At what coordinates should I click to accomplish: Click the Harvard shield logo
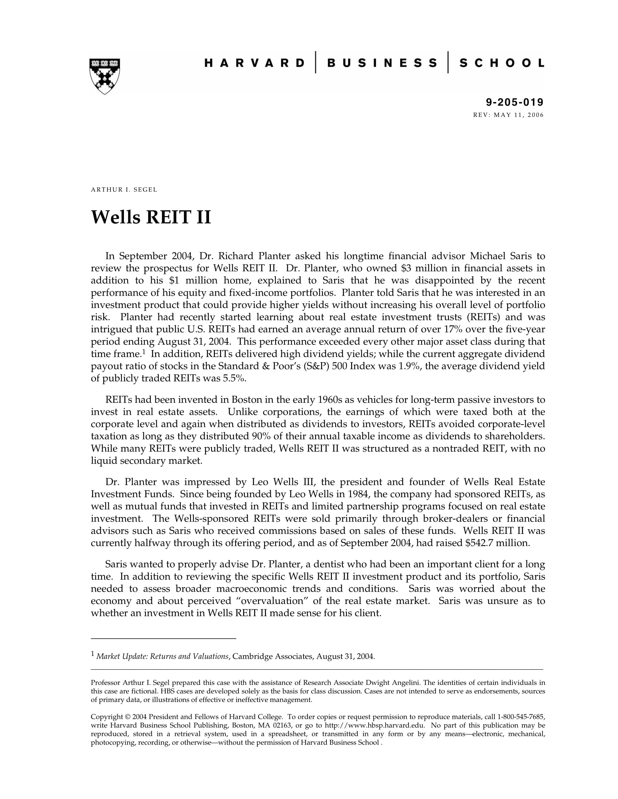coord(104,76)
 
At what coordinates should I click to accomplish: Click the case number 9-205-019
coord(515,102)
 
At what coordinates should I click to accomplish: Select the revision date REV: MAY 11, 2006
coord(509,115)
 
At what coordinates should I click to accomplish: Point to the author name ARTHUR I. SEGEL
coord(124,190)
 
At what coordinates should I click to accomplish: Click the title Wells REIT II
coord(151,217)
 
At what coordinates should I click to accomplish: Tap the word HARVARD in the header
coord(254,63)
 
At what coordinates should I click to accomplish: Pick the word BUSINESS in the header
coord(382,63)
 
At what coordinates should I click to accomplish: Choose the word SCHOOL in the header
coord(502,63)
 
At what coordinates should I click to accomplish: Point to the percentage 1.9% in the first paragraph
coord(409,366)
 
